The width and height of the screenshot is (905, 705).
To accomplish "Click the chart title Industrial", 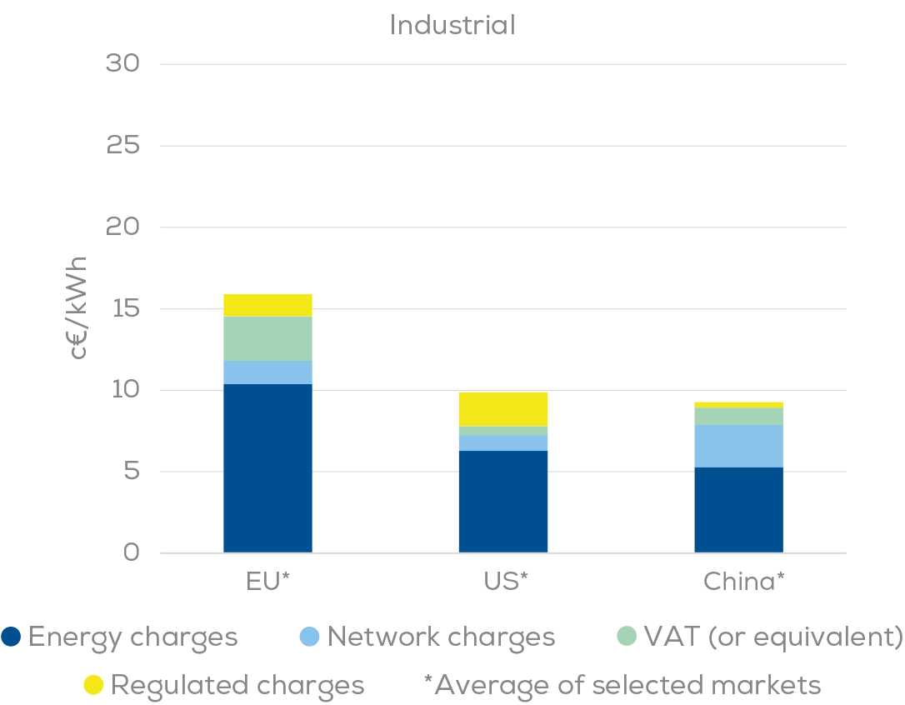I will coord(452,25).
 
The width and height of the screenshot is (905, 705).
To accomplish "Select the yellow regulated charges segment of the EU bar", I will coord(267,305).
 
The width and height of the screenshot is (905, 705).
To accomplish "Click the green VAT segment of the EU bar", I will coord(267,338).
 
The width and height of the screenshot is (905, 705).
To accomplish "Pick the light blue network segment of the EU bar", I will coord(267,372).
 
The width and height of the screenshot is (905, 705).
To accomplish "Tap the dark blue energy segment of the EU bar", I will coord(267,467).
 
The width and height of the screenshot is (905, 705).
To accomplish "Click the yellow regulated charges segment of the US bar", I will coord(502,408).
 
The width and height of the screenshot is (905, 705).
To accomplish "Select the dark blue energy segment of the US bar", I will coord(502,500).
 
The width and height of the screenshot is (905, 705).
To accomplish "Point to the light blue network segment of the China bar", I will coord(738,446).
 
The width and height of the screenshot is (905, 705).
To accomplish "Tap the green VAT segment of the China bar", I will coord(738,416).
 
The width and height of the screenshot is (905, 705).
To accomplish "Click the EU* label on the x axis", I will coord(267,581).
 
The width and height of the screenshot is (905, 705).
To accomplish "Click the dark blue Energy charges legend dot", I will coord(12,637).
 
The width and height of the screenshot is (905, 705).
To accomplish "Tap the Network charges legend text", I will coord(441,637).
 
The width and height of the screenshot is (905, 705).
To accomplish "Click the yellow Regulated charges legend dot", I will coord(93,685).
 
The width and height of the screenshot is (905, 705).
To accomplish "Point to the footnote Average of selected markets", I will coord(622,685).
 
